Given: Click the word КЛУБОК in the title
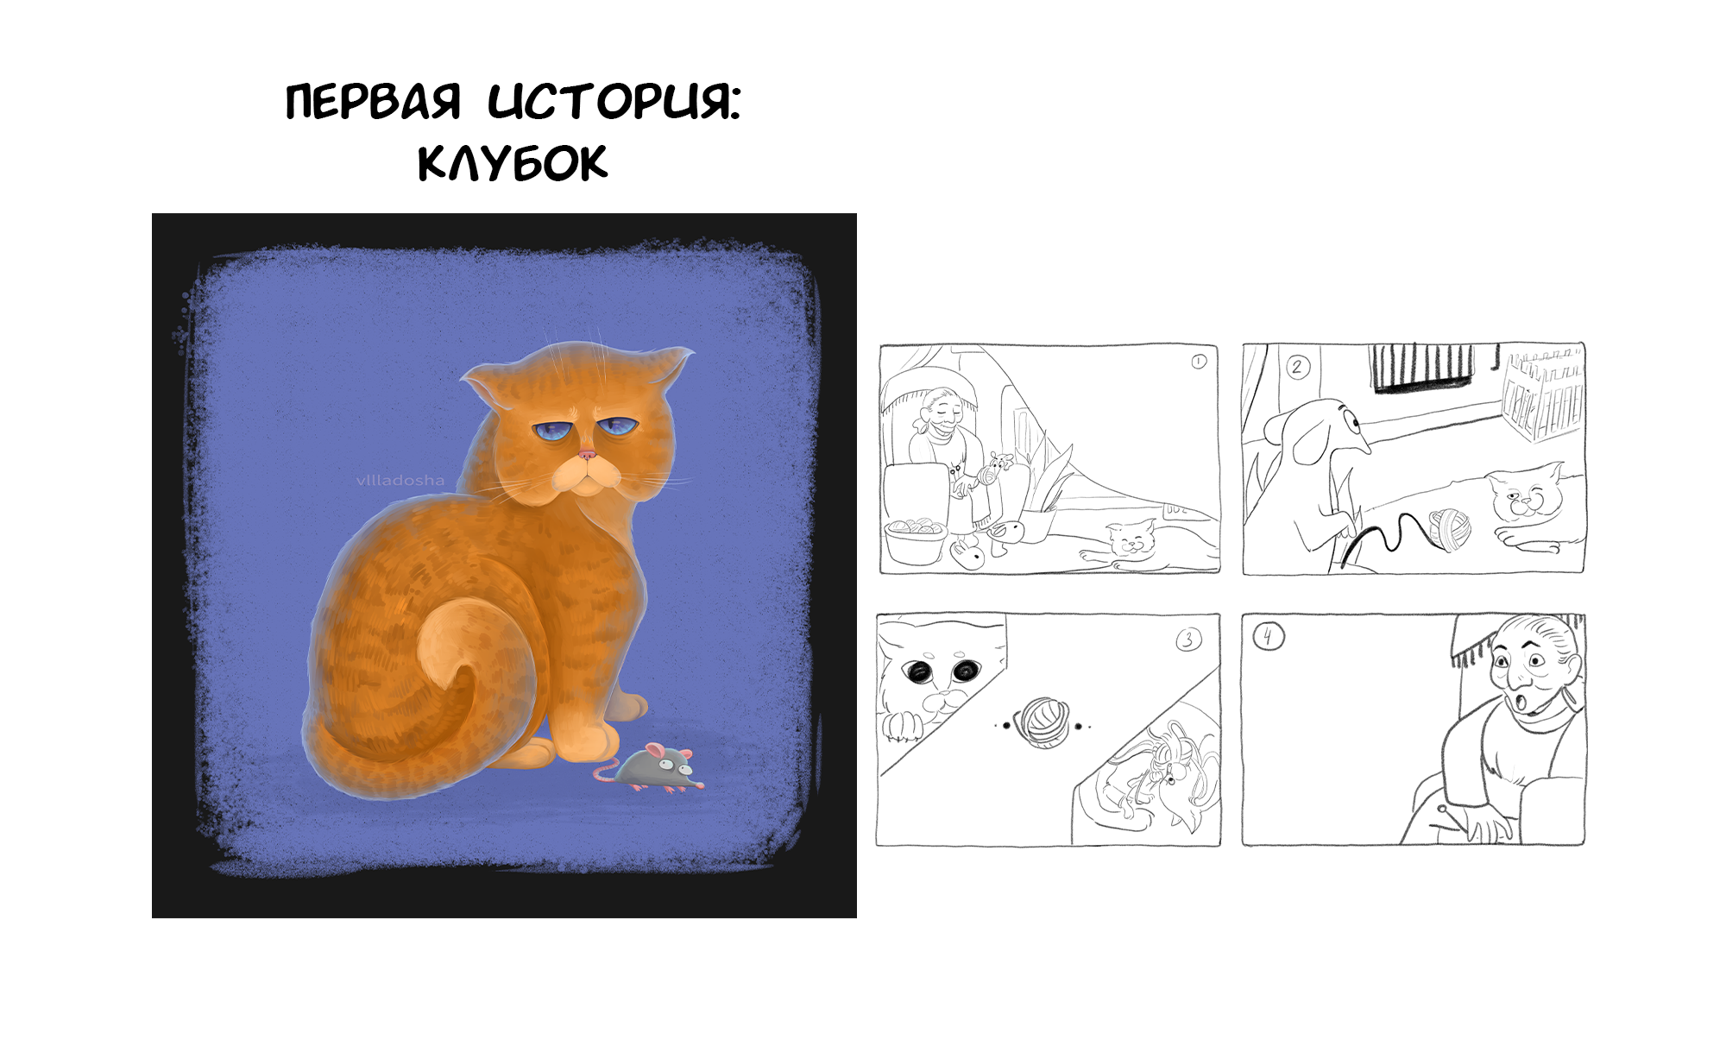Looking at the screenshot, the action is coord(513,162).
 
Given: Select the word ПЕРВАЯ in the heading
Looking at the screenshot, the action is coord(373,102).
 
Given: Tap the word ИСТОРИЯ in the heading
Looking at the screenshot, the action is coord(614,102).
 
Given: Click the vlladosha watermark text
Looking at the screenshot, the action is coord(400,481).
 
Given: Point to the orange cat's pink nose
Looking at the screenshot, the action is coord(587,454).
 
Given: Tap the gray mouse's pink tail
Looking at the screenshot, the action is coord(606,772).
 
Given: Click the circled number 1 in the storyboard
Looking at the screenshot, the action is coord(1199,362).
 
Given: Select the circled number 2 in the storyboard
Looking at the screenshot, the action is coord(1297,368).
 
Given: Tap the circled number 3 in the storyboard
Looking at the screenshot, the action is coord(1188,640).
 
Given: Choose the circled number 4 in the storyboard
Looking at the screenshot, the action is coord(1268,637).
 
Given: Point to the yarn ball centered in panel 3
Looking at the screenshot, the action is coord(1043,722).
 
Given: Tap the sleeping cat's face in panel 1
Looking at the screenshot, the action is coord(1132,540).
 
